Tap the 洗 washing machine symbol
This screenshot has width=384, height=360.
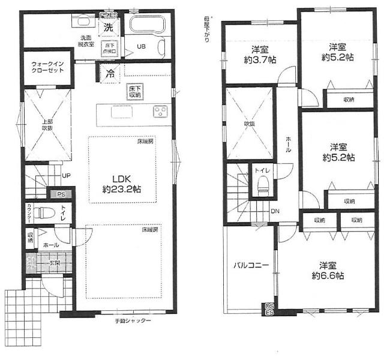tap(109, 28)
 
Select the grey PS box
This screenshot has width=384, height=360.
tap(60, 195)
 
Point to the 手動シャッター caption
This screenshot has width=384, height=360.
tap(133, 321)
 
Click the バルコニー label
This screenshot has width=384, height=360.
tap(247, 265)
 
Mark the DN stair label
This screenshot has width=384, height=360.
tap(274, 211)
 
